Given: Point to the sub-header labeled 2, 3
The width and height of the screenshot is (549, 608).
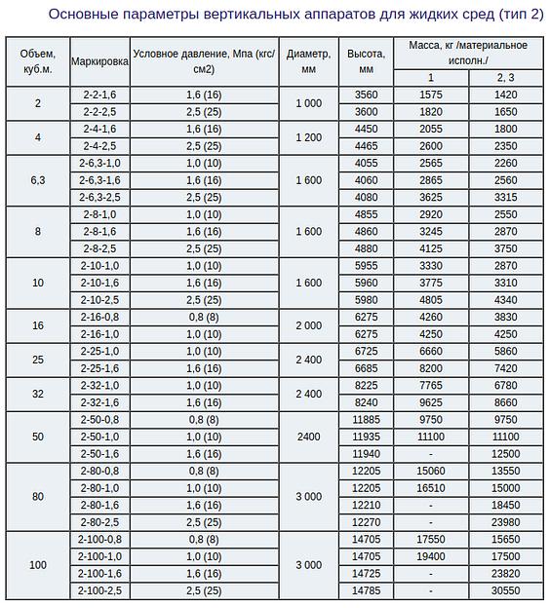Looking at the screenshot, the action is click(x=505, y=77).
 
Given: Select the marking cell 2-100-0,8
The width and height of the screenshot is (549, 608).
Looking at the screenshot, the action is click(x=99, y=539).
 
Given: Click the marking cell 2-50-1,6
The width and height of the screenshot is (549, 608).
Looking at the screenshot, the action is click(x=99, y=453).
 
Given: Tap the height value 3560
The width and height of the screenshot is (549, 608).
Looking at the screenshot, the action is click(x=367, y=95).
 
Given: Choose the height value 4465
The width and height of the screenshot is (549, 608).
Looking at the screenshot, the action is click(x=367, y=146).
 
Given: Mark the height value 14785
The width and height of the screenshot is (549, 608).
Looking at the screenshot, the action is click(x=367, y=590).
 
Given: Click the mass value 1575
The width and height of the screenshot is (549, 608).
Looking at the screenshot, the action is click(x=431, y=95).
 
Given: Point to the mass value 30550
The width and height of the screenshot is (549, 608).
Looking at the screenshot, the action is click(x=505, y=590).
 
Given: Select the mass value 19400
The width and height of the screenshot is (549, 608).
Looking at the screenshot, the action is click(x=431, y=556).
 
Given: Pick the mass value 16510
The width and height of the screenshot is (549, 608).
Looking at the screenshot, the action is click(x=431, y=487).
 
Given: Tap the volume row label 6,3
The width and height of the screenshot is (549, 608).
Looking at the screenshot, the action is click(x=37, y=180).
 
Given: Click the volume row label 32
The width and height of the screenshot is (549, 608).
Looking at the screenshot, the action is click(x=37, y=394).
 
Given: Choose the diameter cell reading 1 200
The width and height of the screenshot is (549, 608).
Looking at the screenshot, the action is click(x=308, y=137).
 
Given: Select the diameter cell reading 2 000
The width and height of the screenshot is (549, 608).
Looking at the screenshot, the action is click(x=308, y=325).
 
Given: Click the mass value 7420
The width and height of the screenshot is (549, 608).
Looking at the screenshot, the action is click(x=505, y=368).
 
